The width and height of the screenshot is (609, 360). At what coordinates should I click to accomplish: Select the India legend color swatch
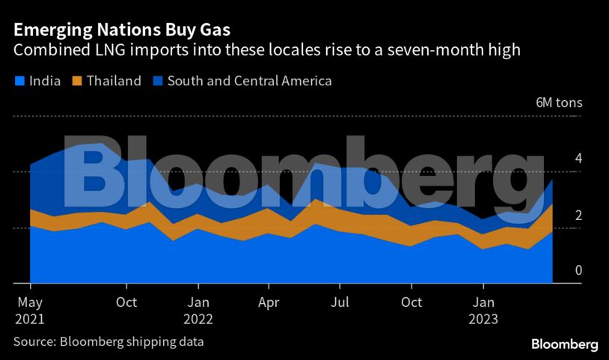pyautogui.click(x=19, y=81)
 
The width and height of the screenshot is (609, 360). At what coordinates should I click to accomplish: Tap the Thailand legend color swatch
pyautogui.click(x=76, y=81)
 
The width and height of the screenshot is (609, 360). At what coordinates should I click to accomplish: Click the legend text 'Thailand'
pyautogui.click(x=114, y=81)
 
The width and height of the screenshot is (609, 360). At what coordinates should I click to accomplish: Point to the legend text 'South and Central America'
pyautogui.click(x=249, y=81)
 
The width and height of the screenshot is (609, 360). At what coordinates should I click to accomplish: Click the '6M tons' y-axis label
pyautogui.click(x=559, y=103)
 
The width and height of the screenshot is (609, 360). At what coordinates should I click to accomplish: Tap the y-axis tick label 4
pyautogui.click(x=578, y=159)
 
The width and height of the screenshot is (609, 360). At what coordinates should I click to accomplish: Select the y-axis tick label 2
pyautogui.click(x=578, y=215)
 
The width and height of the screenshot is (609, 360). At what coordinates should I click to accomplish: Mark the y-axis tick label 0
pyautogui.click(x=578, y=270)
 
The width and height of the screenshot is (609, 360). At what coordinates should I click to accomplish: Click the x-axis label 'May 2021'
pyautogui.click(x=30, y=311)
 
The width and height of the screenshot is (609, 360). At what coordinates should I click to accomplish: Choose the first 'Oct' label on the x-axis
pyautogui.click(x=126, y=303)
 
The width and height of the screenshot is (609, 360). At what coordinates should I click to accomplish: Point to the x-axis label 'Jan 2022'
pyautogui.click(x=198, y=311)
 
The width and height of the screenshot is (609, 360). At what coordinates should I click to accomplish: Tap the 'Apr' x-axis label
pyautogui.click(x=269, y=303)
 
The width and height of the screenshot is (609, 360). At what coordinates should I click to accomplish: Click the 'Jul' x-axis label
pyautogui.click(x=340, y=303)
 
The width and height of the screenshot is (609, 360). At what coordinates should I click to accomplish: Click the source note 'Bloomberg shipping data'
pyautogui.click(x=132, y=342)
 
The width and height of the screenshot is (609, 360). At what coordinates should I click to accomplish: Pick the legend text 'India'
pyautogui.click(x=45, y=81)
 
